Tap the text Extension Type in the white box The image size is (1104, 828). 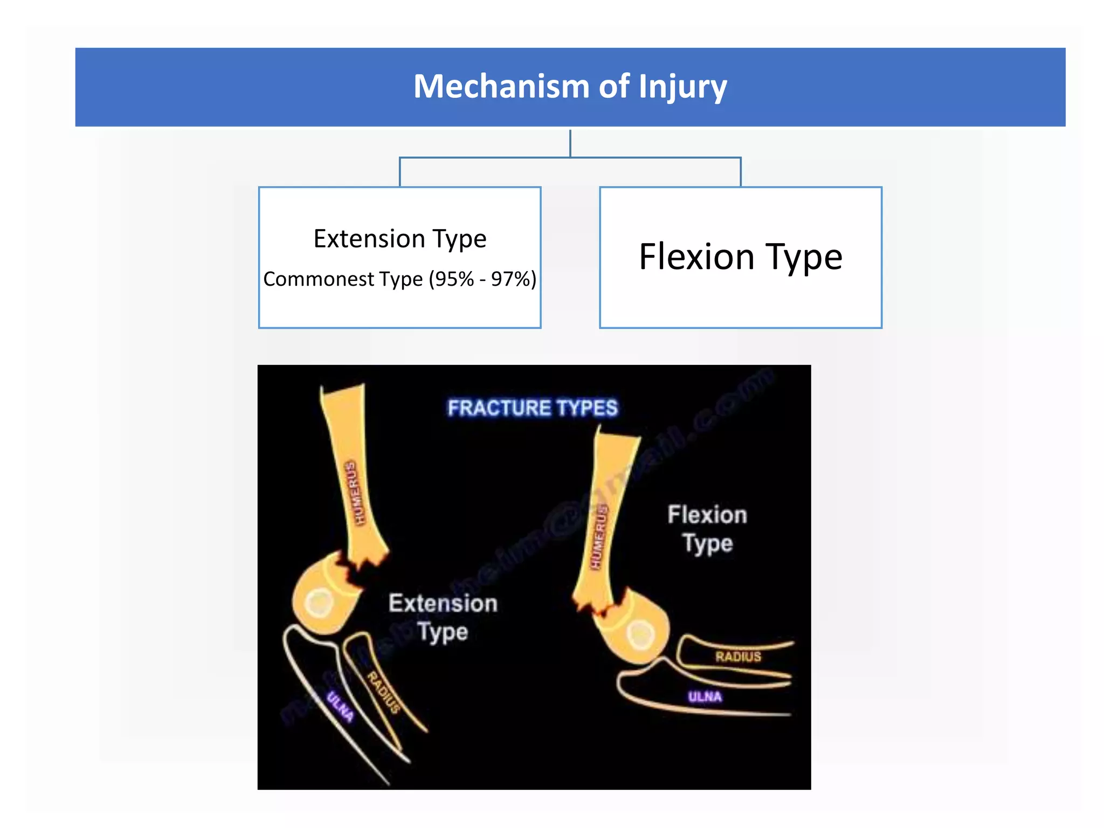coord(399,239)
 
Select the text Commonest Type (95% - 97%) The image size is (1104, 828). coord(399,279)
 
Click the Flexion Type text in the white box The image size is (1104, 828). coord(740,257)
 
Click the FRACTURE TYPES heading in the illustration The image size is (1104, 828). coord(533,408)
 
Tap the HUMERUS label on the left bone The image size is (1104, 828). coord(355,493)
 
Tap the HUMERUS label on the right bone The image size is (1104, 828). coord(599,537)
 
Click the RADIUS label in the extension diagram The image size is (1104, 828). coord(384,692)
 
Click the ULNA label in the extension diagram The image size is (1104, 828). coord(340,707)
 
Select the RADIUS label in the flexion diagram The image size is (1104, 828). coord(738,657)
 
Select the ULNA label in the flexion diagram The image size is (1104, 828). coord(705,697)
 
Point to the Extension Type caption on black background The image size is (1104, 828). coord(443,617)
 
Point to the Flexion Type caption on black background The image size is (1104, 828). coord(707,529)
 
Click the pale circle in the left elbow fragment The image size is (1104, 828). coord(319,603)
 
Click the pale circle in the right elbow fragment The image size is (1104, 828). coord(640,634)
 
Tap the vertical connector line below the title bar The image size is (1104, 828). coord(570,143)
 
